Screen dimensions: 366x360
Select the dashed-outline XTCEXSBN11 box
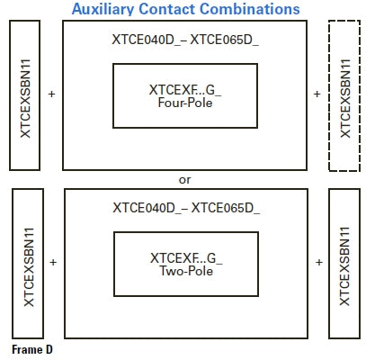344,95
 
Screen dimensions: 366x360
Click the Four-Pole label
185,103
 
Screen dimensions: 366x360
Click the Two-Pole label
186,271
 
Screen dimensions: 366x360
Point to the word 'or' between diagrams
184,180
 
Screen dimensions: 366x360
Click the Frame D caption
32,349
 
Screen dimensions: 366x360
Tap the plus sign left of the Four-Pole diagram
51,94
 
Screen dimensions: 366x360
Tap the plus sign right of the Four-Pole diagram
317,94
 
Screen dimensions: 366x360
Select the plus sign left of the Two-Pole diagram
53,263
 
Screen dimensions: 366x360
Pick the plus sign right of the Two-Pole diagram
319,263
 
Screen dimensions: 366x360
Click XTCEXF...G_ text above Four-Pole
185,90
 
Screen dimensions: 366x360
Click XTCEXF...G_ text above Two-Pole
186,258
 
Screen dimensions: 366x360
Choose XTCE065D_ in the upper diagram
224,40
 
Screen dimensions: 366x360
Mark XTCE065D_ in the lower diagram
226,208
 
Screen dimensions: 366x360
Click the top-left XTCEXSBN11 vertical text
25,98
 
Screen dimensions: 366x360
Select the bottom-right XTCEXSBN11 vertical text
344,266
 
